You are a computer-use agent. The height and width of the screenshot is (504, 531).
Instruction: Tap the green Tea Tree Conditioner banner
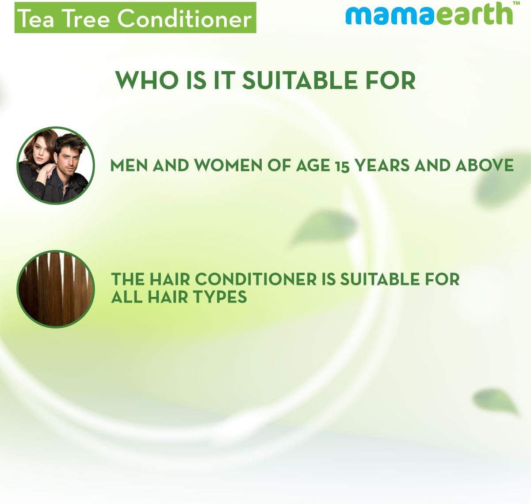pyautogui.click(x=135, y=18)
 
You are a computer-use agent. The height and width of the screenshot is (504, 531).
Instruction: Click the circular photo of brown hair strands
pyautogui.click(x=56, y=289)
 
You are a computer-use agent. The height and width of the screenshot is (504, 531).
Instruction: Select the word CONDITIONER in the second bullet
pyautogui.click(x=256, y=279)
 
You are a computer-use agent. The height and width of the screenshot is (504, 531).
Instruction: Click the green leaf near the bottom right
pyautogui.click(x=495, y=401)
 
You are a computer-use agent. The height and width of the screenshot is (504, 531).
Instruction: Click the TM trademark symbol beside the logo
pyautogui.click(x=516, y=4)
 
